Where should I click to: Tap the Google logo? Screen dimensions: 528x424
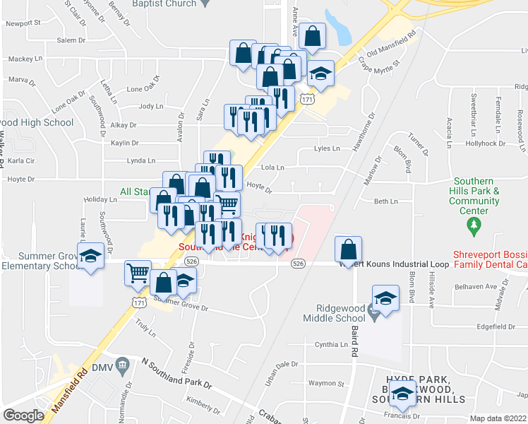pyautogui.click(x=23, y=416)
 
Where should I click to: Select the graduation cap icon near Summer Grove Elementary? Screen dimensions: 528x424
pyautogui.click(x=91, y=256)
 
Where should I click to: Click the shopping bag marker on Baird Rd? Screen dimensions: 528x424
pyautogui.click(x=349, y=249)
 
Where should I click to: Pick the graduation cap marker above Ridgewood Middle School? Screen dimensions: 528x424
pyautogui.click(x=385, y=298)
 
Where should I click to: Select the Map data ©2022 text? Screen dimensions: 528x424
pyautogui.click(x=498, y=418)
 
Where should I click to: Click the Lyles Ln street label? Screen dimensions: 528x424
pyautogui.click(x=327, y=149)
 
